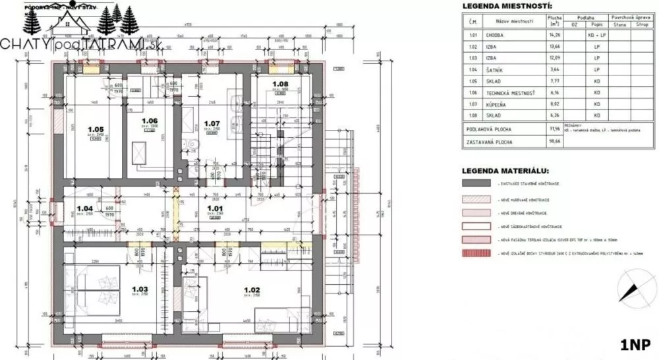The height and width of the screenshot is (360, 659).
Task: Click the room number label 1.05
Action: pyautogui.click(x=96, y=129)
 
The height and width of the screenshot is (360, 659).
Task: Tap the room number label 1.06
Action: pyautogui.click(x=152, y=121)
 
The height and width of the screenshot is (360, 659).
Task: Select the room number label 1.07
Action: pyautogui.click(x=212, y=123)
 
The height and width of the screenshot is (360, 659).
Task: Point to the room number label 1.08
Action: pyautogui.click(x=280, y=84)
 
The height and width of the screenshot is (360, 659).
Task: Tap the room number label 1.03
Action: pyautogui.click(x=139, y=289)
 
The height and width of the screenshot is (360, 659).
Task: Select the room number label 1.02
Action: pyautogui.click(x=253, y=289)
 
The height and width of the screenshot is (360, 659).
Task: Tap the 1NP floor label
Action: pyautogui.click(x=635, y=344)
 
